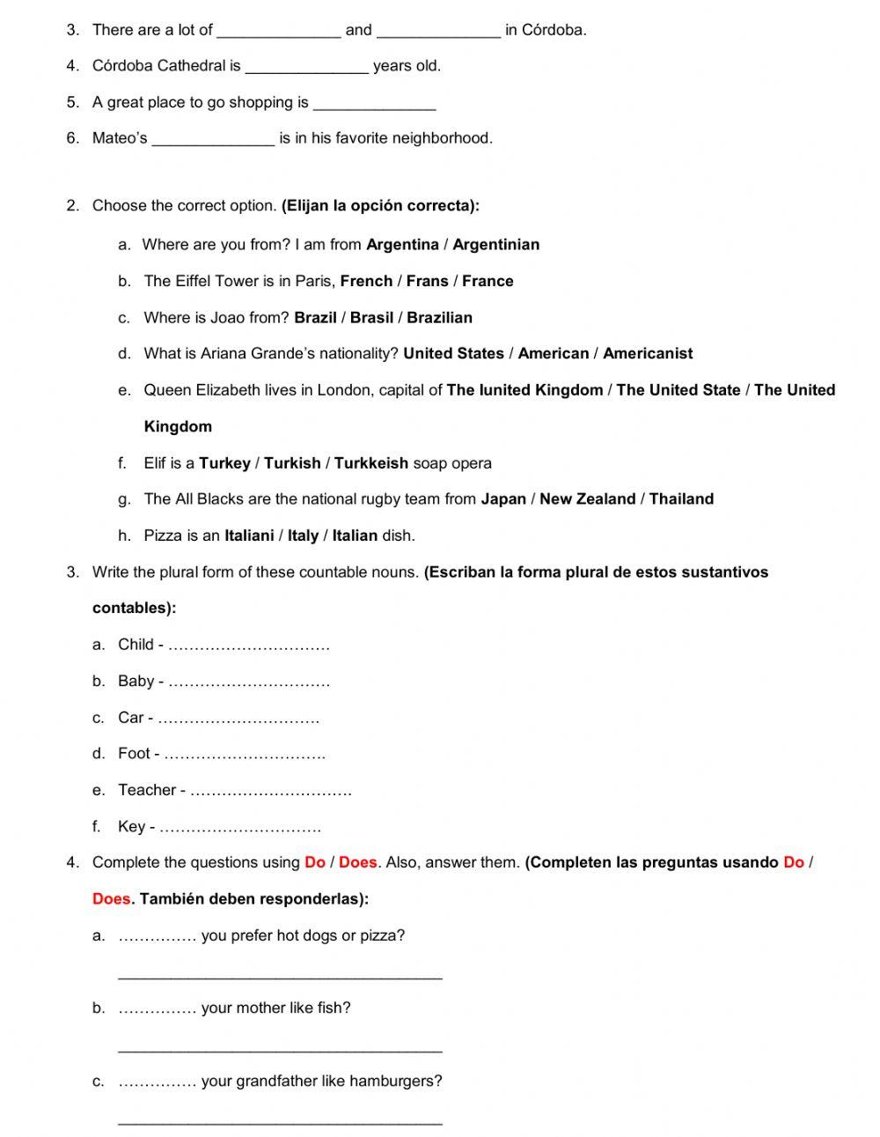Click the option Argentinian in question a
(495, 245)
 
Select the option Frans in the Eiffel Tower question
(427, 281)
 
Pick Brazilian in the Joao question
(439, 318)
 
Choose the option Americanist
(648, 354)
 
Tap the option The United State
(678, 390)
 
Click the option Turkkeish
(370, 463)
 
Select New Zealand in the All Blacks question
(587, 499)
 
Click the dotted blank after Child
(248, 646)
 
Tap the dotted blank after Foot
(245, 756)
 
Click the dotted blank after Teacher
(270, 792)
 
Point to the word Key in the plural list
(131, 827)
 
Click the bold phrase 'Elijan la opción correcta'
(380, 206)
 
